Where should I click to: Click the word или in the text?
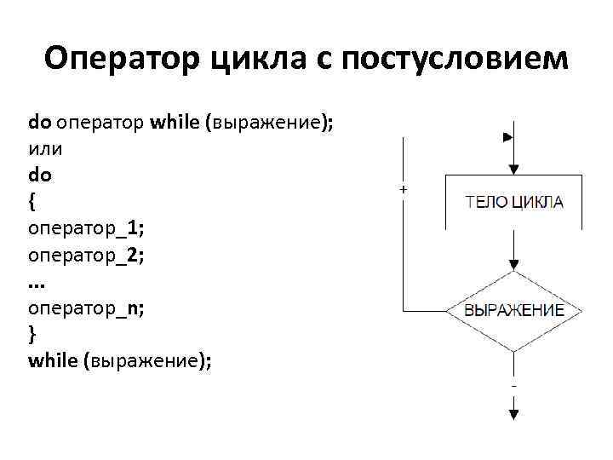(x=45, y=148)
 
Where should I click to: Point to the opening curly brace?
(x=32, y=202)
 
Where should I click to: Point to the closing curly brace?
(x=32, y=335)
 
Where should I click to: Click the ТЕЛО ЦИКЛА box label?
(x=513, y=203)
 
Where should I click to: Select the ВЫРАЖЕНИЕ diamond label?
(x=513, y=310)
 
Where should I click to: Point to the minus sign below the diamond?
(x=513, y=385)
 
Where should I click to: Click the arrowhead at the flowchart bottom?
(x=513, y=413)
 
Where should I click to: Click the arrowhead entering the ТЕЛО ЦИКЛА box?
(x=513, y=169)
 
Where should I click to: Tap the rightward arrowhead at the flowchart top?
(x=508, y=136)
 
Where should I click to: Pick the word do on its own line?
(x=40, y=175)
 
